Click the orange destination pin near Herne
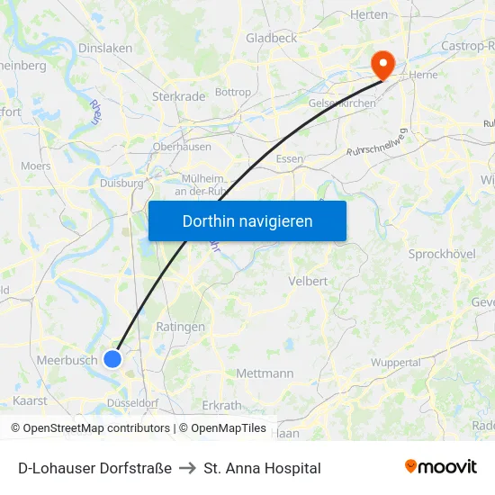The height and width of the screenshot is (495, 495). point(383,64)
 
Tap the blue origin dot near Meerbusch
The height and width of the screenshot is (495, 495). point(112,359)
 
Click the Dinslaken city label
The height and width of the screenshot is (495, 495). point(105,48)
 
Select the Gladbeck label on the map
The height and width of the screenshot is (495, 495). point(271,38)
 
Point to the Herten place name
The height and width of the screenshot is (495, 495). point(368,14)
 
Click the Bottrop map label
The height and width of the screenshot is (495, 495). point(233,92)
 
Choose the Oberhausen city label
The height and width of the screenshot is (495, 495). point(182,147)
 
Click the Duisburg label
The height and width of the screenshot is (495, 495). point(121,183)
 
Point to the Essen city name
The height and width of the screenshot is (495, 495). point(290,158)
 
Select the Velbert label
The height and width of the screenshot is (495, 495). point(308,281)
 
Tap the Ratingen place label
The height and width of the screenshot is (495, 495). point(180,327)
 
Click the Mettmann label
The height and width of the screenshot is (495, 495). point(265,373)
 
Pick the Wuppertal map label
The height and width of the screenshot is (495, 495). point(395,363)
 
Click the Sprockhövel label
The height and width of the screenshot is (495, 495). point(441,255)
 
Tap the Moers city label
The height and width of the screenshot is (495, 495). point(36,166)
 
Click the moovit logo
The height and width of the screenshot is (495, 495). point(440,467)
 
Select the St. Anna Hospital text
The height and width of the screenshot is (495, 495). point(262,468)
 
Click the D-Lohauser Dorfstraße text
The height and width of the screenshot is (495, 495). point(94,468)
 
